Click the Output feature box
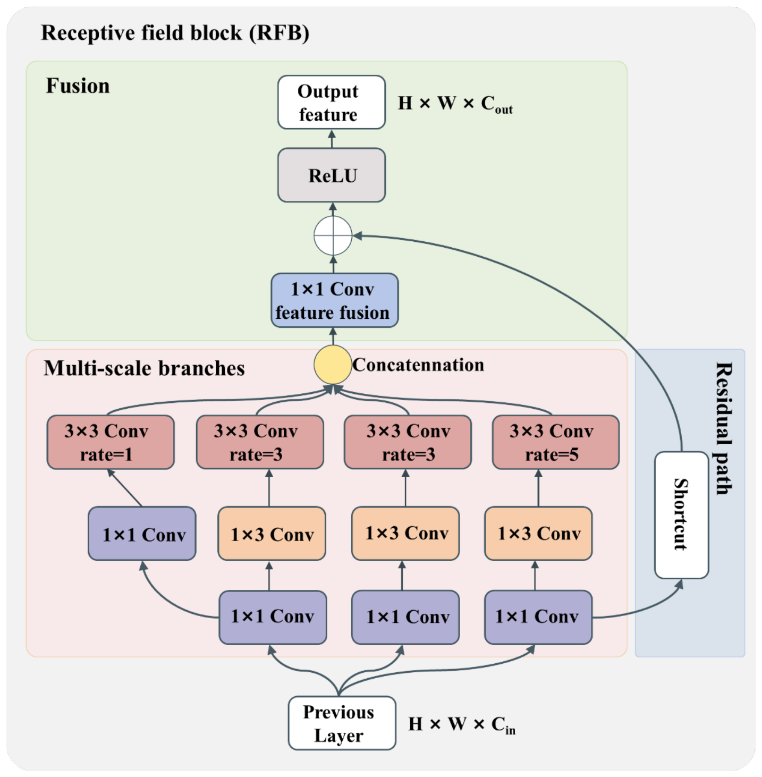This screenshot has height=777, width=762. click(332, 102)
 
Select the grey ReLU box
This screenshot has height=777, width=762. click(332, 175)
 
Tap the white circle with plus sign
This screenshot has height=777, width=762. click(333, 235)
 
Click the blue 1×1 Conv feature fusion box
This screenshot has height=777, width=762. click(335, 300)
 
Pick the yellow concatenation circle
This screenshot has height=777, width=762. click(333, 365)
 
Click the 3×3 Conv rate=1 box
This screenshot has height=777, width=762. click(111, 442)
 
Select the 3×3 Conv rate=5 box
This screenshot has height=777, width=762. click(556, 442)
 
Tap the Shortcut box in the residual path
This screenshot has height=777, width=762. click(681, 515)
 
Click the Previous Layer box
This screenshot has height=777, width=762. click(342, 723)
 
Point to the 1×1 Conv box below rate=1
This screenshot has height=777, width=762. click(142, 534)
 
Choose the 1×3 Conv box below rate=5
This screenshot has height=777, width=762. click(538, 534)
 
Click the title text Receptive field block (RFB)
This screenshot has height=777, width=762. click(175, 33)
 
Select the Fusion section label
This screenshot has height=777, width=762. click(78, 86)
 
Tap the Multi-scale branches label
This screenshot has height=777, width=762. click(145, 368)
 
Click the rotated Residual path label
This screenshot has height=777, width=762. click(724, 428)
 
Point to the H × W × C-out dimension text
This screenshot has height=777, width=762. click(455, 105)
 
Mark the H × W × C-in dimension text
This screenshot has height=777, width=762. click(462, 725)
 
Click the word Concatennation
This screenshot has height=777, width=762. click(419, 365)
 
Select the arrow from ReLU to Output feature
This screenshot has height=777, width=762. click(332, 139)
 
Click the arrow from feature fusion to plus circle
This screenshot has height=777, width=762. click(333, 264)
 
